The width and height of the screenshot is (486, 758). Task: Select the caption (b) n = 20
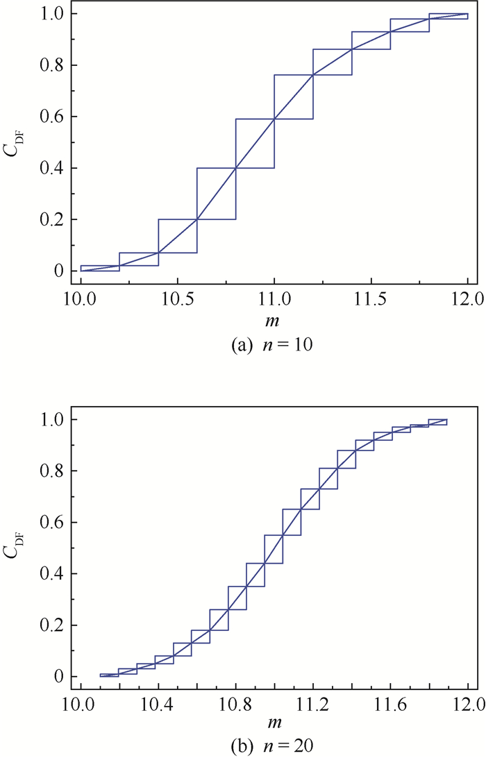[x=272, y=747]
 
